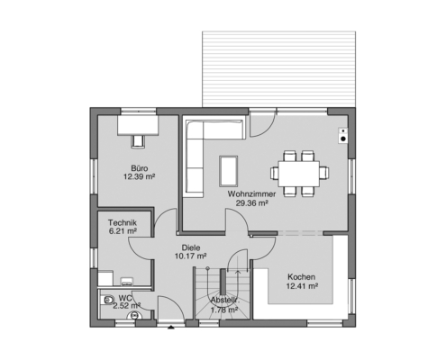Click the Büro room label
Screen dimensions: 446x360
click(139, 168)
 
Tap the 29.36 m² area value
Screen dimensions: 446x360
click(251, 203)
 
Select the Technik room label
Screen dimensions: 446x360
click(123, 223)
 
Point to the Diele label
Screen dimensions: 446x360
click(191, 247)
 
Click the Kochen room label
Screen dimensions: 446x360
click(301, 277)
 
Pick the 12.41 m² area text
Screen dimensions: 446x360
click(302, 286)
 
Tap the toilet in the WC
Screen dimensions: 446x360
click(106, 300)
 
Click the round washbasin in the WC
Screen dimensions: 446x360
click(134, 316)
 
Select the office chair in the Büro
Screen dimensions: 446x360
click(138, 141)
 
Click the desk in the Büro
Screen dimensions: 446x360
click(138, 124)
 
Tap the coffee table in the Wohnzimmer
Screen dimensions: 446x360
click(229, 171)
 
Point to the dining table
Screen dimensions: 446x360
click(298, 174)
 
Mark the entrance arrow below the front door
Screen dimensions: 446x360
click(171, 328)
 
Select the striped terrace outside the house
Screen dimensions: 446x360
click(279, 69)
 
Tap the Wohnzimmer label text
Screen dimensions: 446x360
click(251, 194)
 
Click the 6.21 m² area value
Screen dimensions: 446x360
click(123, 231)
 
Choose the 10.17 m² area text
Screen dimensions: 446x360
click(191, 256)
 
